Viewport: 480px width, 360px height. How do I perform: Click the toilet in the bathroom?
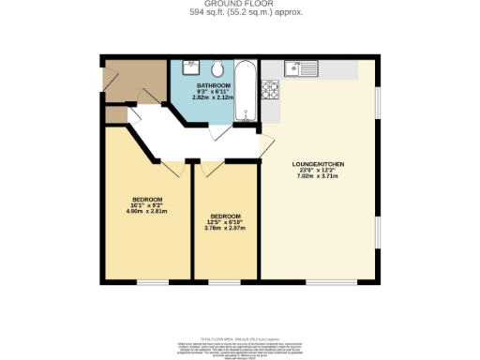pos(217,68)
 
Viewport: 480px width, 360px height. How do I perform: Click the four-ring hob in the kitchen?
pos(272,91)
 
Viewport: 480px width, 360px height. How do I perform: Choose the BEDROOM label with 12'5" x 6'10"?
pos(225,216)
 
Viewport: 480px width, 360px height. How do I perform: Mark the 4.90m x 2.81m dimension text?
pos(147,211)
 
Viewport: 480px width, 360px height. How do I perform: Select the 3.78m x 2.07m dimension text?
pos(225,228)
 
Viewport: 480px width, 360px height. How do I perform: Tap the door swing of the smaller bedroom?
pos(209,168)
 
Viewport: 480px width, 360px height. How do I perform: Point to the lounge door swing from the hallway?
pos(265,145)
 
